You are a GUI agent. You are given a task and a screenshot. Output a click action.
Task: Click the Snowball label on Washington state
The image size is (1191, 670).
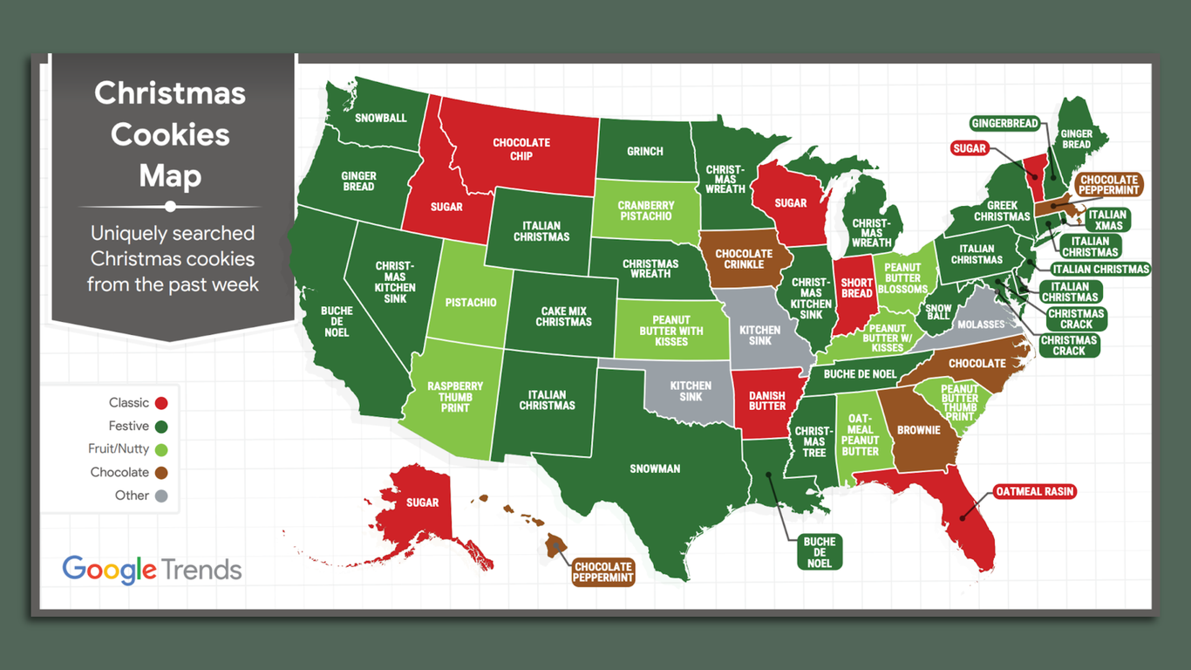tap(380, 118)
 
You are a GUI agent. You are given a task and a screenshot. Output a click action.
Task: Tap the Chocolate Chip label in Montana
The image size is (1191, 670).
tap(521, 149)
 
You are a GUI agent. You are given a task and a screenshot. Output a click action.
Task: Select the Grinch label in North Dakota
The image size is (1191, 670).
tap(644, 151)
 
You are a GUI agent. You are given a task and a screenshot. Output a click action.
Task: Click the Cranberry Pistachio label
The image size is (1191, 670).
tap(645, 211)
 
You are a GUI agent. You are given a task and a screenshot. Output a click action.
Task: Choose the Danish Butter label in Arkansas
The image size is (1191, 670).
tap(767, 400)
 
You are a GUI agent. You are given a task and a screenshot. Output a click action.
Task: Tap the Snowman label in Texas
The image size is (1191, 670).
tap(655, 469)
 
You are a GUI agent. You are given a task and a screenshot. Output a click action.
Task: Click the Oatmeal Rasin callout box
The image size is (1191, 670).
tap(1035, 492)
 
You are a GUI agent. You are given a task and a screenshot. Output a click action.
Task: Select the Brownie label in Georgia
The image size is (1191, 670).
tap(919, 430)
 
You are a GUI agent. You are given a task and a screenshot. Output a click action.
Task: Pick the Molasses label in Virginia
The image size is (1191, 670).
tap(981, 325)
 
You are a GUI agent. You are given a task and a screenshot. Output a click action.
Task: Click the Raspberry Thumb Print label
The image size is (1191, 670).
tap(455, 397)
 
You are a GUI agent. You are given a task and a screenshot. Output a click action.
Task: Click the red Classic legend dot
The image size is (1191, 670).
tap(160, 403)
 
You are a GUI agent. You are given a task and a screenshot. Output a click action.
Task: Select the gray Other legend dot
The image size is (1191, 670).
tap(160, 496)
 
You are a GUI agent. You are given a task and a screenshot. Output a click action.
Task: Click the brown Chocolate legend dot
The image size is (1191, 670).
tap(160, 473)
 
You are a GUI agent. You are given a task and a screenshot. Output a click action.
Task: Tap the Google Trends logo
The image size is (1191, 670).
tap(152, 570)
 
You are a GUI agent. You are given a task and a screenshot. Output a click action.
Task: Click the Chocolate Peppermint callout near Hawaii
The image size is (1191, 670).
tap(603, 572)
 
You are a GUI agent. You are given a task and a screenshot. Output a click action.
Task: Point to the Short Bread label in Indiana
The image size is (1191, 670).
tap(856, 288)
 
